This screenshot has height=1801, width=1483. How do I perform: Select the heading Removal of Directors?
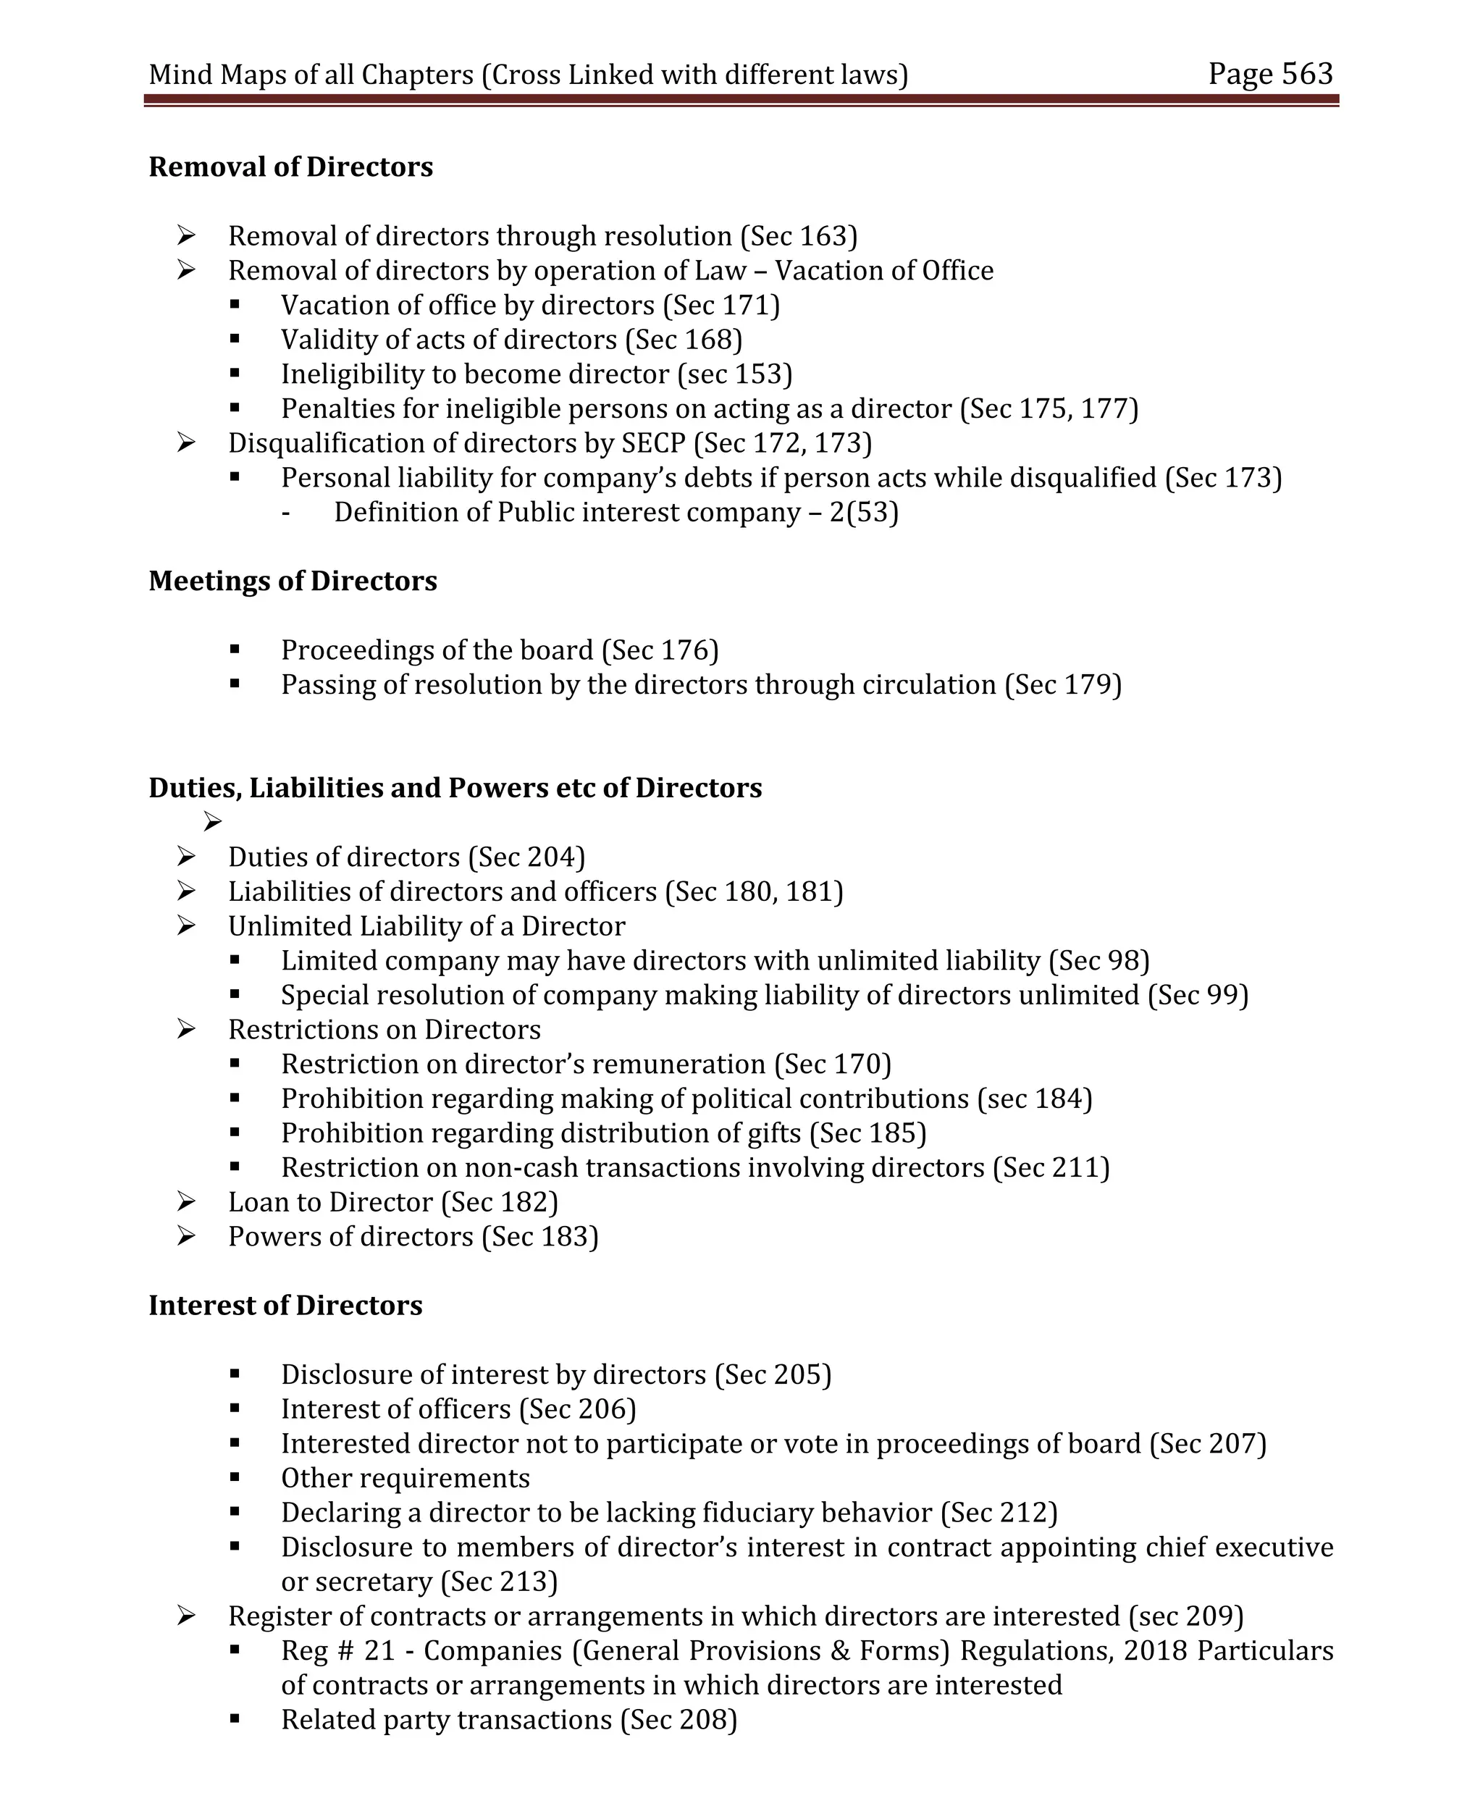click(290, 167)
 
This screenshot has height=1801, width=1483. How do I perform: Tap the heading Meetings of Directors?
click(292, 581)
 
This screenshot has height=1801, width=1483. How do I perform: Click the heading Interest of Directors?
click(285, 1306)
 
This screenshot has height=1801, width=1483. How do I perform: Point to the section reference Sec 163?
click(799, 236)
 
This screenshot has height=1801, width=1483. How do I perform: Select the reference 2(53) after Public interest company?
click(864, 513)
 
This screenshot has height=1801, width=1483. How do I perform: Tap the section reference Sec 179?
click(1063, 685)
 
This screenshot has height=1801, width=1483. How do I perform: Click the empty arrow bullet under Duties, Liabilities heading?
click(213, 822)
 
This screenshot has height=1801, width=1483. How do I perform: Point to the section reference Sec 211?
click(1051, 1168)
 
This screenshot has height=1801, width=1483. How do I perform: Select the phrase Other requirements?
click(405, 1479)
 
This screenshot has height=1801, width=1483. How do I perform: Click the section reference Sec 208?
click(679, 1720)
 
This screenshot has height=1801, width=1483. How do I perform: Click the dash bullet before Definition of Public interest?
click(285, 513)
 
